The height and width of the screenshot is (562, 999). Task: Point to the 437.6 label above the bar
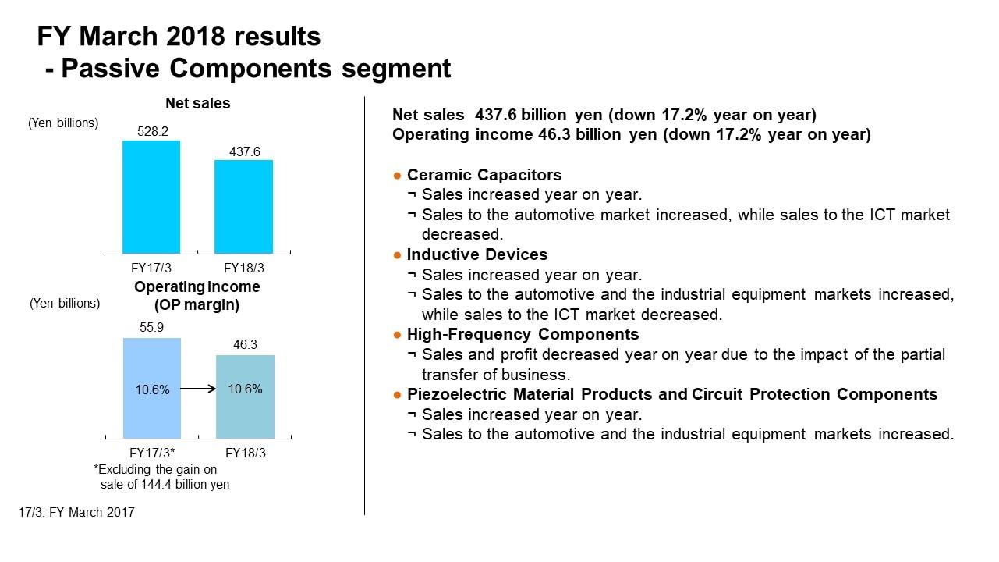pos(244,151)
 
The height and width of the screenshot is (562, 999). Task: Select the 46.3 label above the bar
pos(244,344)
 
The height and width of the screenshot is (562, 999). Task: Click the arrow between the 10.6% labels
pos(198,389)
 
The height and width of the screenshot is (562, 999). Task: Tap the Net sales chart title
pos(197,103)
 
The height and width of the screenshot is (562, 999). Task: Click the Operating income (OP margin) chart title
pos(197,295)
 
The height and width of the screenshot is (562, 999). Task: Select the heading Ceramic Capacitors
pos(484,175)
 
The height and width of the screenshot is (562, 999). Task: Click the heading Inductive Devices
pos(477,254)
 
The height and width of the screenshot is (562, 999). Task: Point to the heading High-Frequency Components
pos(523,334)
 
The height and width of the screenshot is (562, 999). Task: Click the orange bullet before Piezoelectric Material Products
pos(397,395)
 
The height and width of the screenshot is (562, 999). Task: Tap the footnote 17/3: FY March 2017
pos(76,513)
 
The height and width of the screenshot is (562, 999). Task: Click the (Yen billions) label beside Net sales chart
pos(63,123)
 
